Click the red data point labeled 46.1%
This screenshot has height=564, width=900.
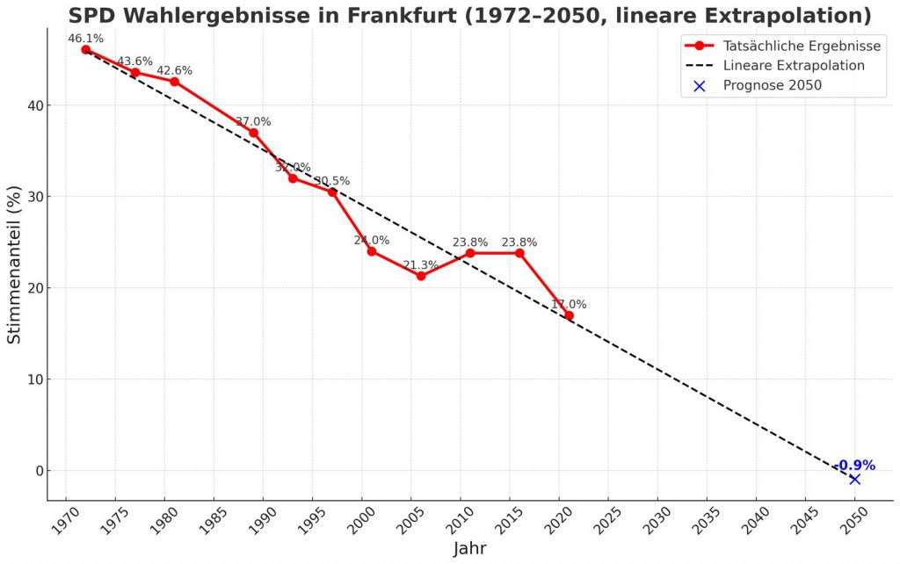[x=86, y=49]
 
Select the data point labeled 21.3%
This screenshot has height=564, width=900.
[x=421, y=276]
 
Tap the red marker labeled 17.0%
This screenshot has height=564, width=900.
[x=569, y=315]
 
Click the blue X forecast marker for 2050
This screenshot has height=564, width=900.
[x=854, y=479]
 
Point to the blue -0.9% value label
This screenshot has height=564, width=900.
[x=854, y=465]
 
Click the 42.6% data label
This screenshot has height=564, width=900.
[x=174, y=70]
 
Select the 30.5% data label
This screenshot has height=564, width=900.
[x=332, y=181]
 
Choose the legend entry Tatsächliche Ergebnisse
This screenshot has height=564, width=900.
[x=802, y=45]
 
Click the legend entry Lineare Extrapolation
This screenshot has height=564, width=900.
[x=794, y=65]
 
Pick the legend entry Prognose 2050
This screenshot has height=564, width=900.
[x=772, y=85]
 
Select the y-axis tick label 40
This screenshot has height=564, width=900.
[x=38, y=105]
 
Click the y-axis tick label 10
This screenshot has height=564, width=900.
[x=38, y=380]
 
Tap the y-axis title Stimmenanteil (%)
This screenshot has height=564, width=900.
[x=15, y=264]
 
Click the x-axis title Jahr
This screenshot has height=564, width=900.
[x=469, y=549]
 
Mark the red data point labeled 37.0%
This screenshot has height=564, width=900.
[x=253, y=133]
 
